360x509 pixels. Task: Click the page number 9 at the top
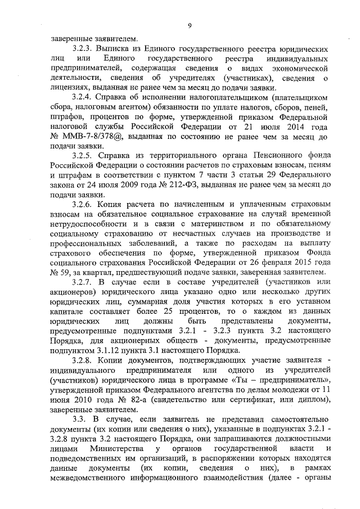[189, 25]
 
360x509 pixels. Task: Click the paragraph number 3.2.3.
[83, 49]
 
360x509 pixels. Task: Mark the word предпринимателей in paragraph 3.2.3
[85, 69]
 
